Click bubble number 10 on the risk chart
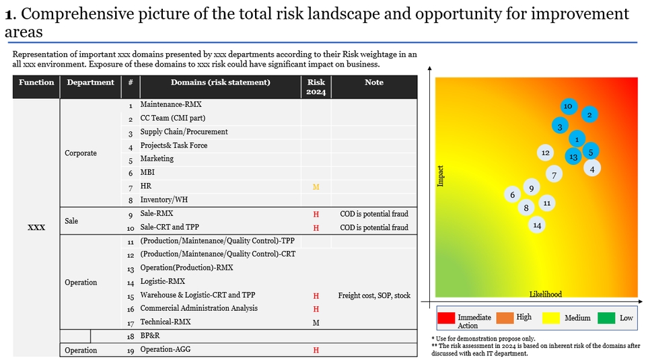point(568,106)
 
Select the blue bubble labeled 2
point(589,115)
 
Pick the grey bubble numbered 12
point(546,153)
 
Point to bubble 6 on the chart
point(513,194)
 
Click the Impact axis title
point(441,176)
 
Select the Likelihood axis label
point(546,294)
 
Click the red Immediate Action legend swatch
point(446,318)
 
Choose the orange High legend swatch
point(505,318)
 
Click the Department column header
point(91,83)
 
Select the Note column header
point(374,83)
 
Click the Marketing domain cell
point(157,159)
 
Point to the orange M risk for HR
point(316,186)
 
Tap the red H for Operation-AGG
point(316,350)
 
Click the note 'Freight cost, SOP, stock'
point(374,295)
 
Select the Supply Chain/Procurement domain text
point(184,132)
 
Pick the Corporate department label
point(81,153)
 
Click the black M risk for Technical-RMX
point(316,322)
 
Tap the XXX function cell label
point(36,227)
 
